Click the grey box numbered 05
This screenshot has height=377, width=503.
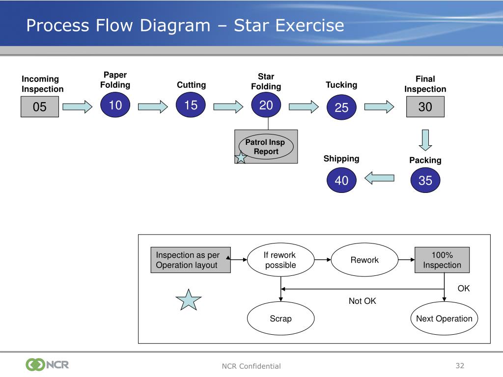point(40,107)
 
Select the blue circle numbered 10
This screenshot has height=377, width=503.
point(115,105)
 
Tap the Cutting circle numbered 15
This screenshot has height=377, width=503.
point(191,105)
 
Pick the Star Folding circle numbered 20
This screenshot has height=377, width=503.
point(266,105)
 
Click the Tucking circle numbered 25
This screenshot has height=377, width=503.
point(341,107)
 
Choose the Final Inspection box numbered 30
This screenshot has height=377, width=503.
point(425,107)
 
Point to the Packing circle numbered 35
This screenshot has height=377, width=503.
point(425,180)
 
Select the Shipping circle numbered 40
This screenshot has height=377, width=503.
point(341,180)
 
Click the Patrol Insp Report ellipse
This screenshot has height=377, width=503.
point(266,146)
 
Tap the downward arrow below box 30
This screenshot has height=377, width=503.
point(425,140)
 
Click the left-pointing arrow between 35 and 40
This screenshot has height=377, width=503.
point(379,178)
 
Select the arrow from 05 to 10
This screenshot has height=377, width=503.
point(77,107)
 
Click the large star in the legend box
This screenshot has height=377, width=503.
point(189,300)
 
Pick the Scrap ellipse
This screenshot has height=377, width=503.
point(280,318)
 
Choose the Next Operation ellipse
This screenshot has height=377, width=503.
point(444,318)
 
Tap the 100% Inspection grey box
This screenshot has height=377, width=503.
point(442,260)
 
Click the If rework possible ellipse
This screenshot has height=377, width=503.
point(280,260)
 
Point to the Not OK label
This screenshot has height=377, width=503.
point(362,301)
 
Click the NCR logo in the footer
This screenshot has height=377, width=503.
point(47,365)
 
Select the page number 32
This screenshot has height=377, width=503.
point(460,365)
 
